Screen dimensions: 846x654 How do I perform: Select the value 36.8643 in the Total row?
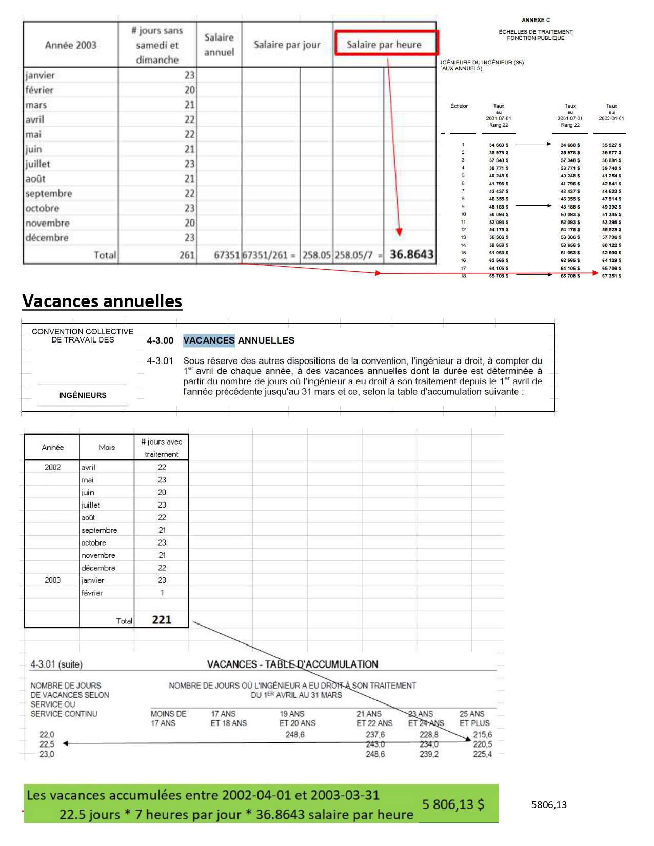pyautogui.click(x=411, y=255)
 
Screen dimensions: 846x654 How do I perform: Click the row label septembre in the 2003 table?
pyautogui.click(x=49, y=194)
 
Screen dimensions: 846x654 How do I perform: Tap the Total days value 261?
pyautogui.click(x=187, y=255)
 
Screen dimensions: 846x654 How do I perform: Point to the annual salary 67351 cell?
pyautogui.click(x=226, y=255)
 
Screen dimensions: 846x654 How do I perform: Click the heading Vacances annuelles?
pyautogui.click(x=102, y=301)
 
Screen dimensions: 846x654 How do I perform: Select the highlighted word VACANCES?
pyautogui.click(x=209, y=340)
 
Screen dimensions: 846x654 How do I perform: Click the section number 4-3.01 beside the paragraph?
pyautogui.click(x=160, y=361)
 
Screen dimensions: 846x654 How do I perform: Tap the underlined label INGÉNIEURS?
pyautogui.click(x=83, y=395)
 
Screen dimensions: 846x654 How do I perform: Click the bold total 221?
pyautogui.click(x=162, y=620)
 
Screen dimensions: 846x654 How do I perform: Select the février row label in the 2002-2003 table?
pyautogui.click(x=92, y=593)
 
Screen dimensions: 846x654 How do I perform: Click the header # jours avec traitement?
pyautogui.click(x=162, y=448)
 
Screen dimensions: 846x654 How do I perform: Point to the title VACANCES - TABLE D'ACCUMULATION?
pyautogui.click(x=292, y=664)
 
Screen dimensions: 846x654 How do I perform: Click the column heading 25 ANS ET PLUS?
pyautogui.click(x=474, y=718)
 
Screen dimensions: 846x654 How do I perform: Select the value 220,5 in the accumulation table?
pyautogui.click(x=482, y=744)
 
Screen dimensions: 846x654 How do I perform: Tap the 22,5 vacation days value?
pyautogui.click(x=47, y=744)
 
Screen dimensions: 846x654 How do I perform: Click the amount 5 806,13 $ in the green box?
pyautogui.click(x=453, y=804)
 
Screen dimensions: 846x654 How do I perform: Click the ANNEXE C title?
pyautogui.click(x=536, y=20)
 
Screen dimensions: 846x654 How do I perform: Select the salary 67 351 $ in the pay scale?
pyautogui.click(x=611, y=276)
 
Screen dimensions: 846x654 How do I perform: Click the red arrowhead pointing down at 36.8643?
pyautogui.click(x=399, y=232)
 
